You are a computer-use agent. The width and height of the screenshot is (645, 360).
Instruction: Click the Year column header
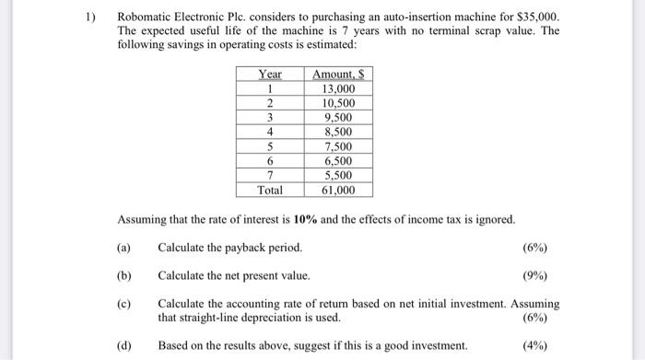point(271,74)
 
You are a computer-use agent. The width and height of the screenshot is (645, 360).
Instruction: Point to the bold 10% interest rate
point(306,220)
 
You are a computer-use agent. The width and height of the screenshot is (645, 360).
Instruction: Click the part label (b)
point(124,275)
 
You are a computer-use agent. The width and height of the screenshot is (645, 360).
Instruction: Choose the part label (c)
point(124,303)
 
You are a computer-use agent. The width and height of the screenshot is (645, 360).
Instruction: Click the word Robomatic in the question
point(148,18)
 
